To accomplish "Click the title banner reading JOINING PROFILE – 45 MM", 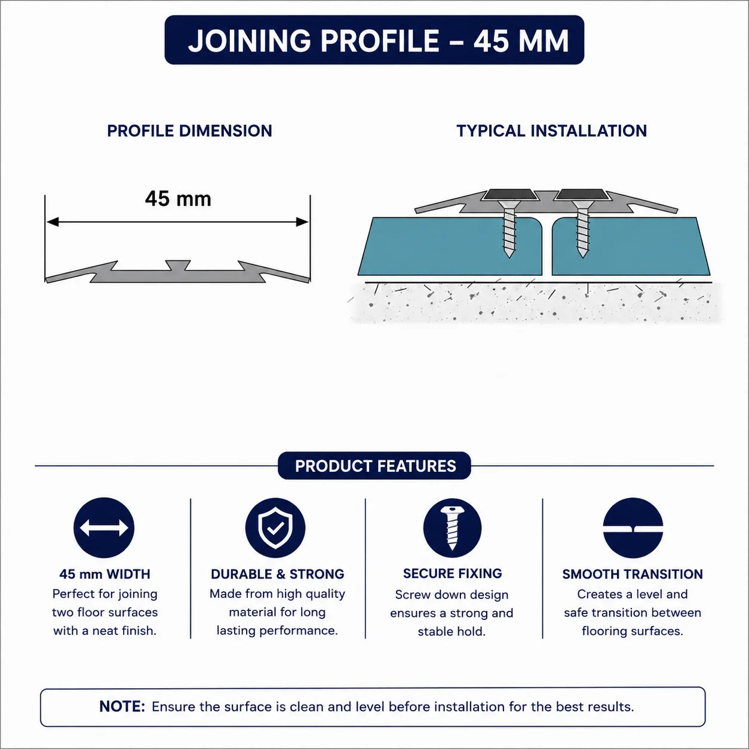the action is pyautogui.click(x=374, y=40).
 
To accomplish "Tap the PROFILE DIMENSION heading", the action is pyautogui.click(x=190, y=131).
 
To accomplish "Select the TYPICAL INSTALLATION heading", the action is pyautogui.click(x=551, y=131).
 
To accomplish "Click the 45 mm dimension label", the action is pyautogui.click(x=178, y=199).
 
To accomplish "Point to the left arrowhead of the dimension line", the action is pyautogui.click(x=53, y=222).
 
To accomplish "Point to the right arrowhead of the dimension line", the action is pyautogui.click(x=302, y=222).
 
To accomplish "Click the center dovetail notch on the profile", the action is pyautogui.click(x=178, y=265).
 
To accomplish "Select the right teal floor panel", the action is pyautogui.click(x=630, y=246).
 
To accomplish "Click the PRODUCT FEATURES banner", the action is pyautogui.click(x=374, y=466).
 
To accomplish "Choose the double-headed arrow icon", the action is pyautogui.click(x=104, y=527).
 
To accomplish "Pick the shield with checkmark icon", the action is pyautogui.click(x=275, y=527).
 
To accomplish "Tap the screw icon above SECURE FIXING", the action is pyautogui.click(x=452, y=527).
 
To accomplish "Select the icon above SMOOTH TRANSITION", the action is pyautogui.click(x=633, y=527).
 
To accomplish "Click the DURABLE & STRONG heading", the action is pyautogui.click(x=278, y=574).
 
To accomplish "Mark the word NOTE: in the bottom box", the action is pyautogui.click(x=122, y=706).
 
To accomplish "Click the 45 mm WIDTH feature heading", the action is pyautogui.click(x=105, y=574).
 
